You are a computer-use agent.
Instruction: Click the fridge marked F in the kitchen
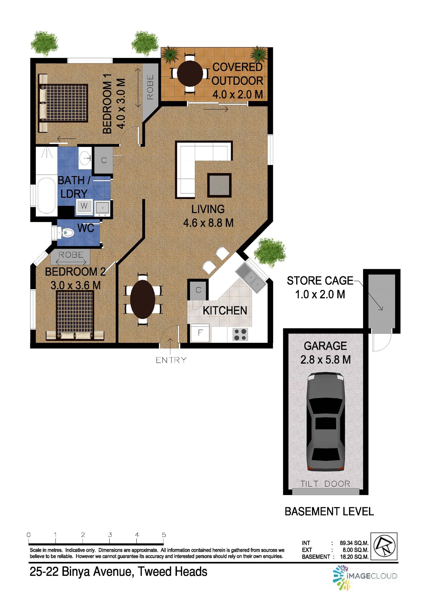tap(200, 333)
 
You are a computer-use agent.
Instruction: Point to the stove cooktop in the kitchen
tap(240, 334)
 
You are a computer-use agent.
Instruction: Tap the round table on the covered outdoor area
tap(190, 74)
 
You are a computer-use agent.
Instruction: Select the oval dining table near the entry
tap(143, 299)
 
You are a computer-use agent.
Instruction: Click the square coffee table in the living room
tap(219, 185)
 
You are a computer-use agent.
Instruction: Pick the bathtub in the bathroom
tap(47, 195)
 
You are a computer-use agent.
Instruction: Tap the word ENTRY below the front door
tap(171, 360)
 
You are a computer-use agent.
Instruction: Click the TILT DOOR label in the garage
tap(325, 484)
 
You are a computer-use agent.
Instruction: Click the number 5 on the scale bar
tap(164, 535)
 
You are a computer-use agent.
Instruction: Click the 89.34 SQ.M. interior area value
tap(354, 543)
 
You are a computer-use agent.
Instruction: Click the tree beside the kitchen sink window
tap(270, 252)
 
